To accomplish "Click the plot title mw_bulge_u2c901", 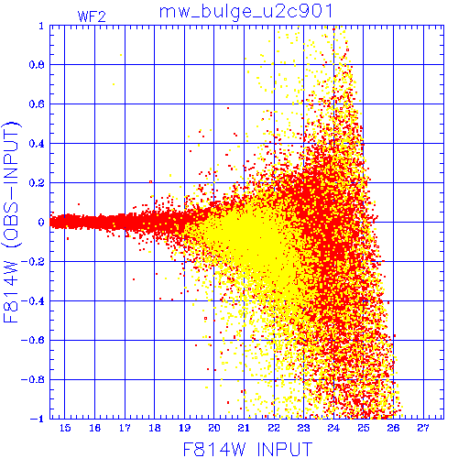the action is [x=245, y=12].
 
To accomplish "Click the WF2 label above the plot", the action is [x=92, y=16].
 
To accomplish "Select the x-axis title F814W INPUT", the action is [x=247, y=449].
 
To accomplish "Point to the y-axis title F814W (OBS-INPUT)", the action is [x=11, y=222].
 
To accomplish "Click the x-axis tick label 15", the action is [x=65, y=428].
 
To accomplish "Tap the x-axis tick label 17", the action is [x=125, y=428].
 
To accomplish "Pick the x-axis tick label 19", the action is [x=184, y=428].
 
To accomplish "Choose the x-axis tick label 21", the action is [x=244, y=428].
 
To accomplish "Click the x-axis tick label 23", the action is [x=303, y=428].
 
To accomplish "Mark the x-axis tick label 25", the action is [x=364, y=428].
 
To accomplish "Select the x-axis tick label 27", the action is [x=423, y=428].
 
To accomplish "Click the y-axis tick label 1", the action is [x=41, y=26].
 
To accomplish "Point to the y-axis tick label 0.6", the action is [x=37, y=104].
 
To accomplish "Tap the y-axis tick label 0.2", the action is [x=37, y=183].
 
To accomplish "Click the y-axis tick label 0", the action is [x=41, y=222].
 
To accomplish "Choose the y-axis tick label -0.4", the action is [x=33, y=301].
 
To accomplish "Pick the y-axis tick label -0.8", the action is [x=33, y=379].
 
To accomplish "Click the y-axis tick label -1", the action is [x=37, y=419].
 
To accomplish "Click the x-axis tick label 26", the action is [x=393, y=428].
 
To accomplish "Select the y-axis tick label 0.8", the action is [x=37, y=65].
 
